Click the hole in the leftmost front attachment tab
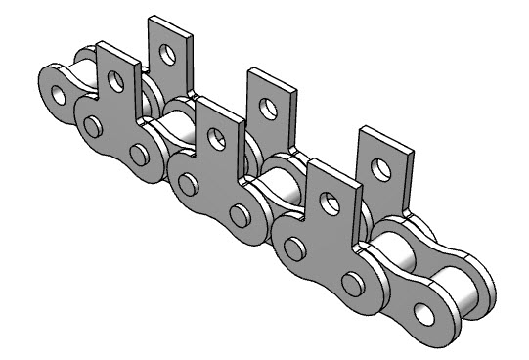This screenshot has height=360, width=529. [116, 81]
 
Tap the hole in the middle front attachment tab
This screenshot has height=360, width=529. [221, 144]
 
